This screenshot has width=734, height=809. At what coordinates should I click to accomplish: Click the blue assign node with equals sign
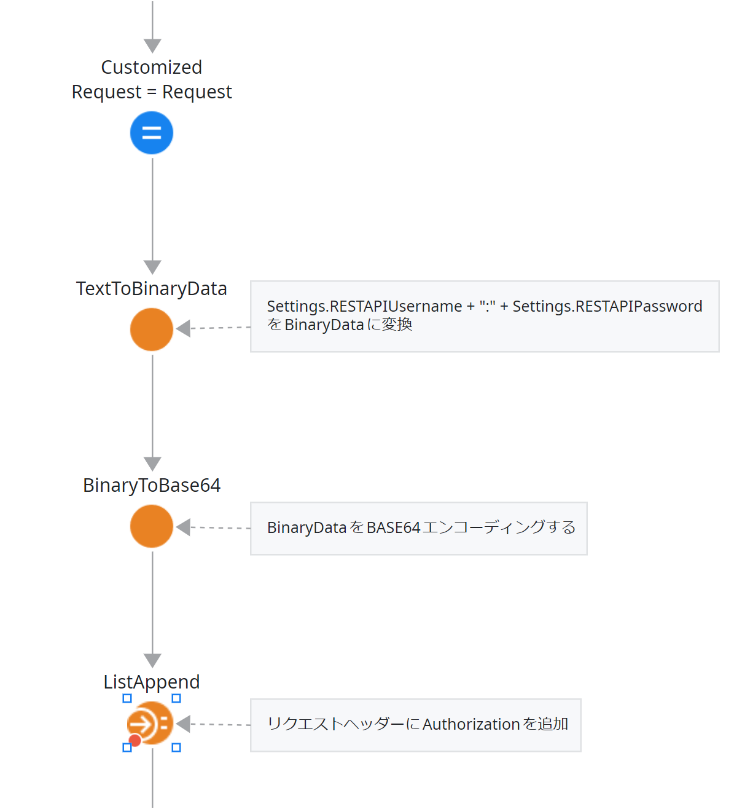(152, 133)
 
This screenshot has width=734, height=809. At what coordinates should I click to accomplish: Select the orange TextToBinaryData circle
(152, 330)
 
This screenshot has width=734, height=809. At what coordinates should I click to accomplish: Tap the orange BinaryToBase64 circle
(152, 526)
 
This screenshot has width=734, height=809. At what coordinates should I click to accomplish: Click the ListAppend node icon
(152, 724)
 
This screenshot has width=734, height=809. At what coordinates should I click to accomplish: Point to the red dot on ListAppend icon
(135, 740)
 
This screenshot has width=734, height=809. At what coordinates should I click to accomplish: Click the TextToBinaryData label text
(152, 288)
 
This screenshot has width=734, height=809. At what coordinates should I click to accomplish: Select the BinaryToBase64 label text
(152, 485)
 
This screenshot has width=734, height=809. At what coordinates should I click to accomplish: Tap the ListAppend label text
(152, 682)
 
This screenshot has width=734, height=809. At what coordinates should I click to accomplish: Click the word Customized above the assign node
(152, 67)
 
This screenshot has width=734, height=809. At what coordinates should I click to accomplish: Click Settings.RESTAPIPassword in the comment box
(607, 306)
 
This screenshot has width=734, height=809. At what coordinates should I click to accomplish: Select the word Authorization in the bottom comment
(471, 724)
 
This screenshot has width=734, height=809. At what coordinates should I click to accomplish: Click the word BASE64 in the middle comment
(393, 527)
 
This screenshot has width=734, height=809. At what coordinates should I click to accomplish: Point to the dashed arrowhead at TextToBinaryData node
(183, 328)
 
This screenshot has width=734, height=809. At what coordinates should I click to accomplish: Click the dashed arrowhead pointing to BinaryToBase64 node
(183, 527)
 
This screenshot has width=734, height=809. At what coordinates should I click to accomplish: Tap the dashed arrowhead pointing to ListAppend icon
(183, 724)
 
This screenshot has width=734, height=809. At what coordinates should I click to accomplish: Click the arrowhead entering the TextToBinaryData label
(152, 267)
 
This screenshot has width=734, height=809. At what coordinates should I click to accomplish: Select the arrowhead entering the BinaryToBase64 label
(152, 464)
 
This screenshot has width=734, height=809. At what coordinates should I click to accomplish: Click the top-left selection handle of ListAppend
(127, 698)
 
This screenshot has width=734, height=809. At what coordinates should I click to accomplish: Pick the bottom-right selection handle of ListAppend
(176, 748)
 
